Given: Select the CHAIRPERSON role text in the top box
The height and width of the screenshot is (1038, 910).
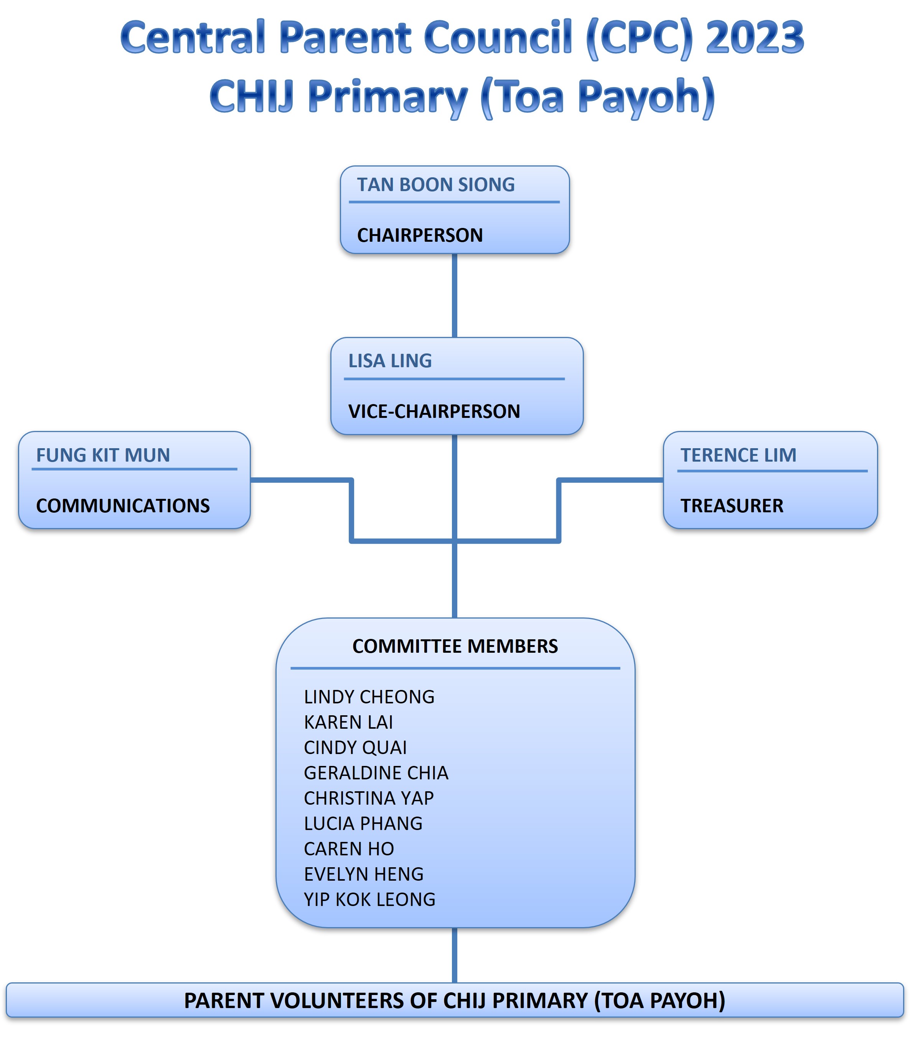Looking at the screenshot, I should pos(420,235).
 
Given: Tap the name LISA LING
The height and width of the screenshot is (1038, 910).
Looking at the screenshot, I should pos(390,361).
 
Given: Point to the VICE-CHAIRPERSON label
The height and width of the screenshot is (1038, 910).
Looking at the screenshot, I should pos(434,411).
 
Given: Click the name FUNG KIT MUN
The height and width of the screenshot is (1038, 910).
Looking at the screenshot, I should pos(103,455).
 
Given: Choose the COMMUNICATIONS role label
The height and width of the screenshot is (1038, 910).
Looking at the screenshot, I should pos(123,506).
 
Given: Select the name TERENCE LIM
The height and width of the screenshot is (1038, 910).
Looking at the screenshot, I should pos(739,455).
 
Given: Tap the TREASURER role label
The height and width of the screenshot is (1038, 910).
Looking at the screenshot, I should pos(732,506).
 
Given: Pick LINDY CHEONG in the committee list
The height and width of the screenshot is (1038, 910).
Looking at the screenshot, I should pos(369,697).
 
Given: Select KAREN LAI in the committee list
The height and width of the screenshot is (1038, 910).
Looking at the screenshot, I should pos(348,722).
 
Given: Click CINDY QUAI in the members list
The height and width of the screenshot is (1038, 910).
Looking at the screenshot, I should pos(356,748).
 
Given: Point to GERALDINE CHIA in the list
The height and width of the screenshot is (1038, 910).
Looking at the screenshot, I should pos(376,773).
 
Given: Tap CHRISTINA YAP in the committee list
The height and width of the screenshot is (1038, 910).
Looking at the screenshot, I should pos(369,798).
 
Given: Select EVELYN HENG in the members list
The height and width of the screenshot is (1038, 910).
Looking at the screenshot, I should pos(364,874).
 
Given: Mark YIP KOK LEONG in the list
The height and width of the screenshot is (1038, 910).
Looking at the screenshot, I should pos(370,899).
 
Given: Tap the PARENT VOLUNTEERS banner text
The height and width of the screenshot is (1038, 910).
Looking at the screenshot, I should pos(455,1000).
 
